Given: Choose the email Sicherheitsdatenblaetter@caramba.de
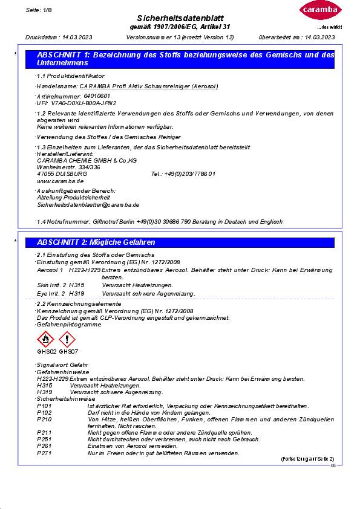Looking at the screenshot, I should click(x=88, y=205).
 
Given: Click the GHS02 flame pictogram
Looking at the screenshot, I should click(x=46, y=340).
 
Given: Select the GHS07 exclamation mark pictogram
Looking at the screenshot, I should click(x=67, y=340).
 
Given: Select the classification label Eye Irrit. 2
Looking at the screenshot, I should click(x=51, y=293).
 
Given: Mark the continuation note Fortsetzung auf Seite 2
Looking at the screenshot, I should click(x=307, y=459).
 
